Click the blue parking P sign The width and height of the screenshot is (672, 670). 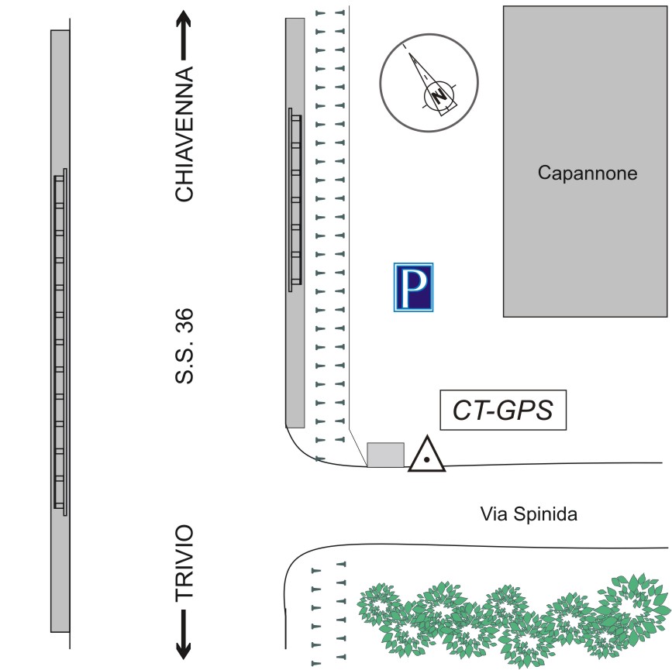click(x=414, y=287)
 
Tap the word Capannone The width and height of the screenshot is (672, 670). click(x=587, y=174)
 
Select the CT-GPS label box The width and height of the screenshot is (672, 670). click(x=502, y=410)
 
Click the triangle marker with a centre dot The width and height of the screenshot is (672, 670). click(x=427, y=455)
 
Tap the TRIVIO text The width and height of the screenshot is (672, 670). click(x=184, y=563)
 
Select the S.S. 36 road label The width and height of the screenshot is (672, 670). click(x=184, y=348)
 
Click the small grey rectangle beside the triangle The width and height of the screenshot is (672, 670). click(x=385, y=455)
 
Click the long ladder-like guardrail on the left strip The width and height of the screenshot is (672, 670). click(x=60, y=341)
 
